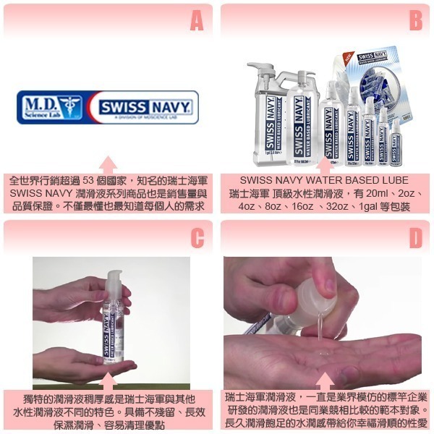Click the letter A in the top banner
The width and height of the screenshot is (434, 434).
[x=197, y=22]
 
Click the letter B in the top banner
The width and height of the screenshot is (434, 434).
[x=415, y=22]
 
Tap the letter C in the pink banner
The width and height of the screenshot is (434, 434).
[x=197, y=238]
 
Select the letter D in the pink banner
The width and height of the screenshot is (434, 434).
[x=415, y=238]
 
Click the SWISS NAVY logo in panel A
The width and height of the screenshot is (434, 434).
[x=145, y=108]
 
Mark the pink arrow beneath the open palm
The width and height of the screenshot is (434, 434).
[x=325, y=381]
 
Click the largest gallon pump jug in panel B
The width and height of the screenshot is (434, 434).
[x=265, y=116]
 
